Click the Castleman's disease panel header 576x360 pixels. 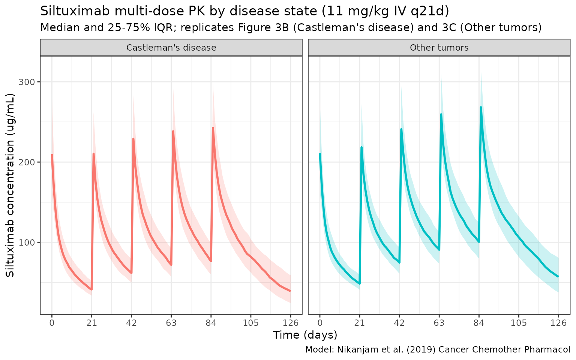point(171,48)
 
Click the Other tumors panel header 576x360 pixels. point(439,48)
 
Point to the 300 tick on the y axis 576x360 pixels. point(30,82)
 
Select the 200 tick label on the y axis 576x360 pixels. point(30,162)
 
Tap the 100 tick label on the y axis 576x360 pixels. point(30,242)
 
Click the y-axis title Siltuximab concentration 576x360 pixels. point(10,186)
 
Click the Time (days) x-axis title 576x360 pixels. point(305,335)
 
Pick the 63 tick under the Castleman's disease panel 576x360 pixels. point(171,322)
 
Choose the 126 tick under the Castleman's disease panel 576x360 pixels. point(290,322)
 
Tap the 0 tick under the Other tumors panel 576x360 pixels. point(319,322)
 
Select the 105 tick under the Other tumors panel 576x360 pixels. point(518,322)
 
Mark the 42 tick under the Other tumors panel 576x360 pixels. point(399,322)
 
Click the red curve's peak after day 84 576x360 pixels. point(213,128)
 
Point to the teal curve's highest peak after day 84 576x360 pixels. point(481,107)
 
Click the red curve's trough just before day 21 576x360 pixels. point(91,289)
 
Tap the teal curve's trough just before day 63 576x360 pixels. point(439,249)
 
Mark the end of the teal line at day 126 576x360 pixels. point(558,276)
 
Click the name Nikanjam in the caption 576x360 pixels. point(354,349)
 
